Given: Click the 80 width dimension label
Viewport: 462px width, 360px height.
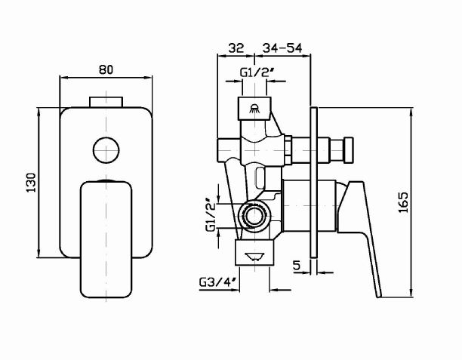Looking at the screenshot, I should tap(106, 69).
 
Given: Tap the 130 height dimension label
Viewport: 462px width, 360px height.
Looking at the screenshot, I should tap(31, 184).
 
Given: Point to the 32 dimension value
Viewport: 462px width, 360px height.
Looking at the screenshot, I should tap(236, 48).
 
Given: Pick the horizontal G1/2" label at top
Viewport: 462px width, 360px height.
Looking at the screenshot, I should tap(256, 72).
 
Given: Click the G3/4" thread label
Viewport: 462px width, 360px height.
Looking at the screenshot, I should tap(218, 282).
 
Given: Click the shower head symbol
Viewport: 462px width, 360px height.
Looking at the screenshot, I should tap(254, 107).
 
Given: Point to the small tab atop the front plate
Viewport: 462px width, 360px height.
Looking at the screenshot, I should tap(106, 102).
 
